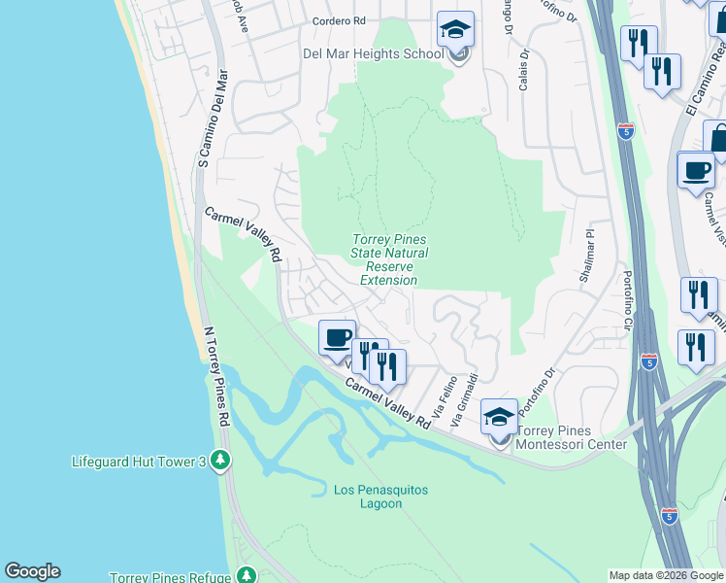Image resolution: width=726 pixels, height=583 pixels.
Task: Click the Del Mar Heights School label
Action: [374, 53]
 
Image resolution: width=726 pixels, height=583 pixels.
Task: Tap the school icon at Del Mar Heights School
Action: [454, 31]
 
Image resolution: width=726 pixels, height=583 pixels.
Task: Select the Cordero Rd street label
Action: [339, 19]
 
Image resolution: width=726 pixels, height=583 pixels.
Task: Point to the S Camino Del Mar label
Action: [213, 118]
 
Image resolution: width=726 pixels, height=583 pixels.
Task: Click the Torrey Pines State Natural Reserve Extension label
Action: [388, 260]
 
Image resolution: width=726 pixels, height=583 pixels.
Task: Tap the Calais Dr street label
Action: [523, 71]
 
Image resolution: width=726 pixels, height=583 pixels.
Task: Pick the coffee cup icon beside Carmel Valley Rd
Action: [337, 338]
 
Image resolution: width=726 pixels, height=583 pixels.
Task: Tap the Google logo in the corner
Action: [32, 571]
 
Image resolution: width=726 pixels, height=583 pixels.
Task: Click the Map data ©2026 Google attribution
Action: [665, 575]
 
